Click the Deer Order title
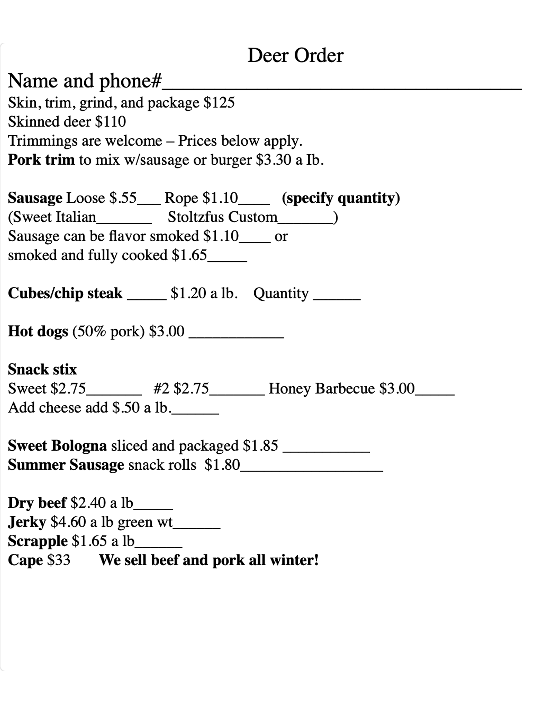click(295, 55)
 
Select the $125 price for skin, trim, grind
click(219, 103)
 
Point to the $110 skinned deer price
click(110, 122)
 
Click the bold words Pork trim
click(41, 160)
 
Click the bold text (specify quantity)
click(341, 198)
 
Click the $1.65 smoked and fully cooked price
click(190, 255)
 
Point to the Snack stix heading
click(42, 370)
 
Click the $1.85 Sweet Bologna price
click(260, 446)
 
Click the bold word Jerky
click(27, 522)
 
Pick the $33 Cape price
click(59, 560)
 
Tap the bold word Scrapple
click(38, 541)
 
